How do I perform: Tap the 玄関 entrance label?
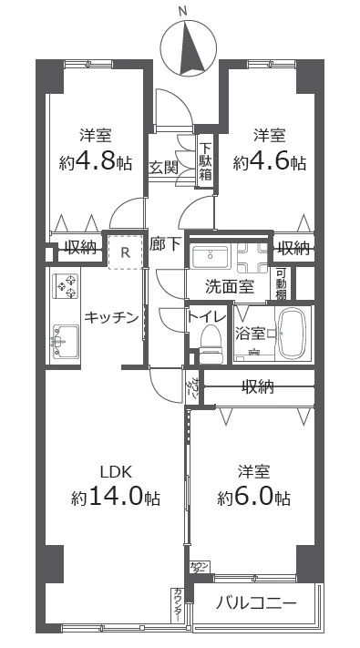(x=164, y=167)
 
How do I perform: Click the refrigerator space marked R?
(x=125, y=252)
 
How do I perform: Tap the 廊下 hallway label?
(x=165, y=244)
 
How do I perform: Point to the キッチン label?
(x=112, y=317)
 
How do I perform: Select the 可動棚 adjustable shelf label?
(x=282, y=283)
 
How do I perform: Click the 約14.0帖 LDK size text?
(x=116, y=499)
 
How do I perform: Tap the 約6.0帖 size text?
(x=254, y=499)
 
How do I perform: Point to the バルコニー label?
(x=257, y=603)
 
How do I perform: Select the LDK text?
(x=116, y=471)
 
